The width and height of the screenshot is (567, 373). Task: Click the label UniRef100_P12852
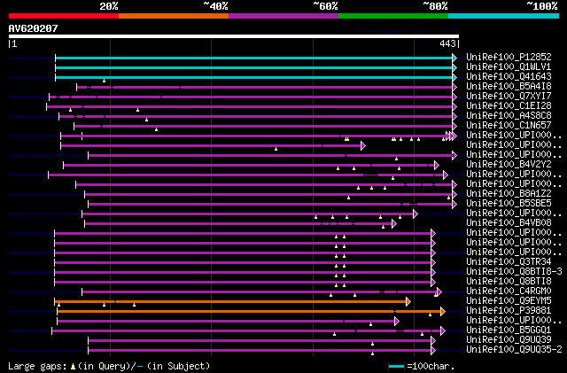[508, 57]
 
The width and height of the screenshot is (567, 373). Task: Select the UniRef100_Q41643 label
[508, 76]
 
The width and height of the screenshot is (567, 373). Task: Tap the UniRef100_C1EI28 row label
[508, 105]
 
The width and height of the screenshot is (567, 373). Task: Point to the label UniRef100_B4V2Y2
[508, 164]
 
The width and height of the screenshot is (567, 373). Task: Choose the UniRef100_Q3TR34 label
[508, 261]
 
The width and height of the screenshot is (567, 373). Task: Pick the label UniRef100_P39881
[508, 311]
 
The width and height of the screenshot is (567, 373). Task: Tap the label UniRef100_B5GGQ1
[508, 330]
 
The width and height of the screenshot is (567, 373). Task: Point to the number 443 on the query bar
[447, 43]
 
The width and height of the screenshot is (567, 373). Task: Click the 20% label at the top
[109, 5]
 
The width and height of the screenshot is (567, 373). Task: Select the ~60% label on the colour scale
[325, 5]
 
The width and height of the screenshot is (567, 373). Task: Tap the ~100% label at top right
[541, 5]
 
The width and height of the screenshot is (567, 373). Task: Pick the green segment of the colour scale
[392, 15]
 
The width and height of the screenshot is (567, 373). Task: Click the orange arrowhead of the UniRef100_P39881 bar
[442, 311]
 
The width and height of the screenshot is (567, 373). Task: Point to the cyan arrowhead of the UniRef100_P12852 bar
[454, 57]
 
